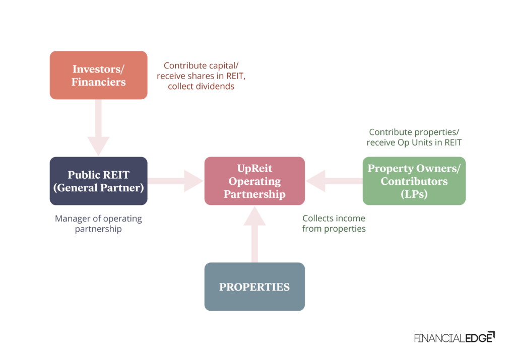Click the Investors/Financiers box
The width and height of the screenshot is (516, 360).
(98, 75)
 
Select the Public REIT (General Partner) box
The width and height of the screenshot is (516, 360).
(98, 181)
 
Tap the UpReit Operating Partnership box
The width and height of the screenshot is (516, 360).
(254, 181)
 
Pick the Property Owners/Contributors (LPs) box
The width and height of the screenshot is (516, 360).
(414, 181)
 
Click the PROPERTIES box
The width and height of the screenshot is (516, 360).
(254, 286)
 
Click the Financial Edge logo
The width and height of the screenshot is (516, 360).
(454, 337)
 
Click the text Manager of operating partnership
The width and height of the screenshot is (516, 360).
(98, 224)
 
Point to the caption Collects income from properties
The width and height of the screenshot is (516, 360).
(334, 224)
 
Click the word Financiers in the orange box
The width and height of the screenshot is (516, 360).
(98, 82)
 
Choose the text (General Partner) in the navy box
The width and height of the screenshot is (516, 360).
(98, 188)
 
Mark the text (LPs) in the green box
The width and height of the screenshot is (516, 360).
(414, 194)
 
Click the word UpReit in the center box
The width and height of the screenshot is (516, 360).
(254, 168)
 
